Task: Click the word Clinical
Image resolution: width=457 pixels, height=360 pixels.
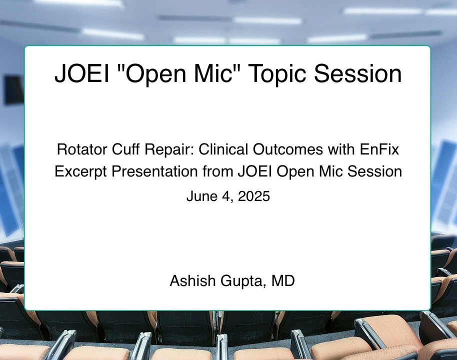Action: pos(223,149)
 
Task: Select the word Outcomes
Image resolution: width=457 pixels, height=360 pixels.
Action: pos(288,149)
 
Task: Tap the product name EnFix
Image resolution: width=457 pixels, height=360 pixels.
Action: pos(379,149)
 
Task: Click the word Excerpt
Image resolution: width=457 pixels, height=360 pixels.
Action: pos(80,172)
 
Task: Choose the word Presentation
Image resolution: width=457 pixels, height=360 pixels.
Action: pos(155,171)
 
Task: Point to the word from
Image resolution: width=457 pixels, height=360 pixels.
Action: pos(217,171)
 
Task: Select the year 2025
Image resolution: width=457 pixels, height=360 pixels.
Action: pos(254,196)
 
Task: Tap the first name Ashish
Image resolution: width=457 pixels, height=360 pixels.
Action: pos(192,280)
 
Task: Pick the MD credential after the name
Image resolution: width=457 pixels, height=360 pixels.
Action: pos(283,280)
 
